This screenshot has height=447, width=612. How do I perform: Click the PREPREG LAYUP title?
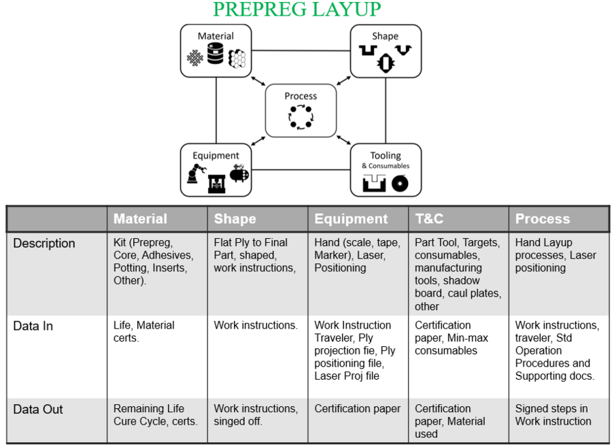point(296,10)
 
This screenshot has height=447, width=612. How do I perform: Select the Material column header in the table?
point(140,219)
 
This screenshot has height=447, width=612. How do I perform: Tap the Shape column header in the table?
point(236,219)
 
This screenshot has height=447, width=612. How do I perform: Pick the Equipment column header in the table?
point(351,219)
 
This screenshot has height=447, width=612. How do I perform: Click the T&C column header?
point(430,219)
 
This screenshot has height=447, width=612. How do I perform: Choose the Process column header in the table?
point(542,219)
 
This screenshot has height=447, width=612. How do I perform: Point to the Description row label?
point(44,244)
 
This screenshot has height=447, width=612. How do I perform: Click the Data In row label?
point(33,326)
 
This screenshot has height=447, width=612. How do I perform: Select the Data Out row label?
point(37,410)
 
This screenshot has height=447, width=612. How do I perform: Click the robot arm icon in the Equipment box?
point(195,175)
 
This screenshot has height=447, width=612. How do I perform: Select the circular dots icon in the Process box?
point(300,116)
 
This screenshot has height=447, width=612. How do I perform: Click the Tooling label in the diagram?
point(386,156)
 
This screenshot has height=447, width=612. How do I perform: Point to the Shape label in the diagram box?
point(385,36)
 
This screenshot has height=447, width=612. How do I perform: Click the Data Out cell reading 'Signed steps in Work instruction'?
point(553,415)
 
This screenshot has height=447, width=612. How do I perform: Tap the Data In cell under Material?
point(143,331)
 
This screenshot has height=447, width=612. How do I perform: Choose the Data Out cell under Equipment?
point(357,409)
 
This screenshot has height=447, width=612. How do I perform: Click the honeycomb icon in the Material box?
point(237,59)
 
